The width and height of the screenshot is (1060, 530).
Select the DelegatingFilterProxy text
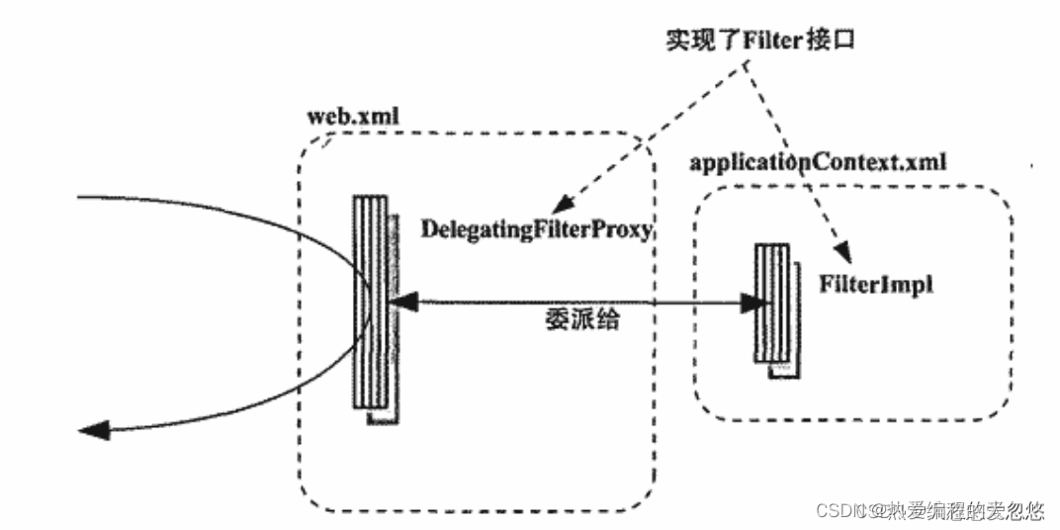[x=537, y=229]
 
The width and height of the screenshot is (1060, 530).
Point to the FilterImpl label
[x=875, y=284]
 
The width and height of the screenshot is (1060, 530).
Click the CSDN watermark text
[x=839, y=511]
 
